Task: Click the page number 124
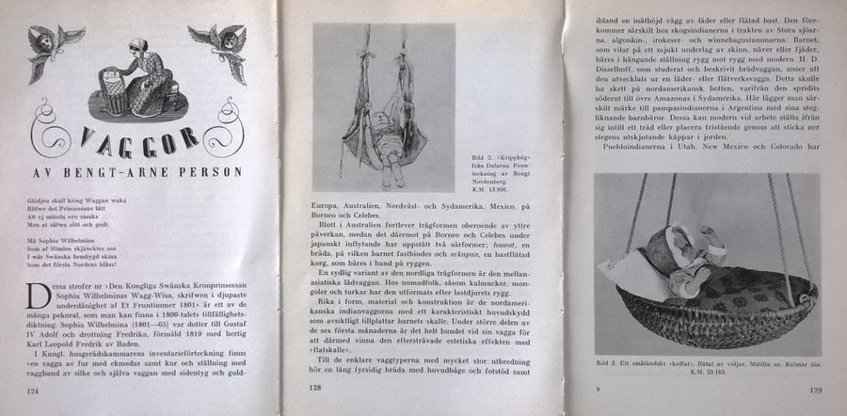pos(34,389)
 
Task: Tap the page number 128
pos(316,387)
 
